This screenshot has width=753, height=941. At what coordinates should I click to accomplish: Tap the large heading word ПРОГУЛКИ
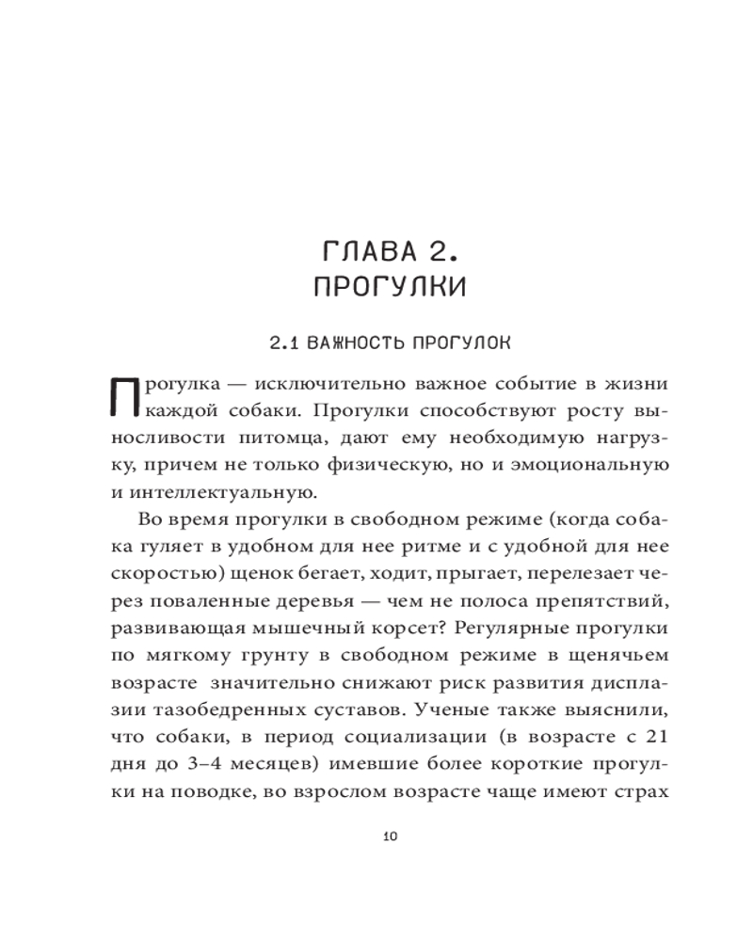point(390,288)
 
